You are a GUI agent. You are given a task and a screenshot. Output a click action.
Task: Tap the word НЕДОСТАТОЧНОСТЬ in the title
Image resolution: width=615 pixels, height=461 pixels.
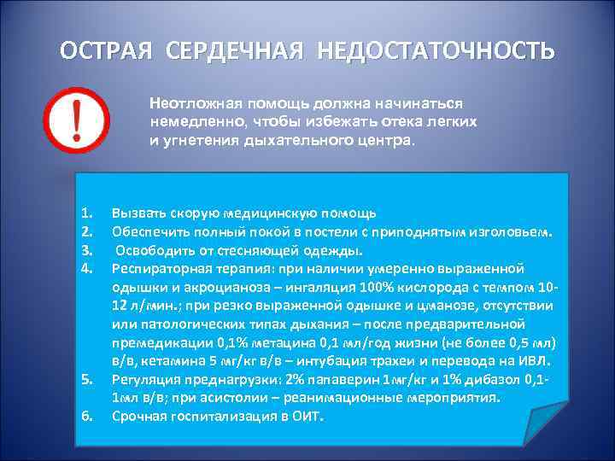436,50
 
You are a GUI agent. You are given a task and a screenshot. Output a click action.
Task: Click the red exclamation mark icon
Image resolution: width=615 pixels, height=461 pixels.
76,121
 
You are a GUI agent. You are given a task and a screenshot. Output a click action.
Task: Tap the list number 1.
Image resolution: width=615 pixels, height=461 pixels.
85,212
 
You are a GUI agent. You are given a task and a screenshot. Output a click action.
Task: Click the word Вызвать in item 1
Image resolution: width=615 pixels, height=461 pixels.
138,212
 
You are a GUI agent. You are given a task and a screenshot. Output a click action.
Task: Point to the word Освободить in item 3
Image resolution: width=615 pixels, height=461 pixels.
154,249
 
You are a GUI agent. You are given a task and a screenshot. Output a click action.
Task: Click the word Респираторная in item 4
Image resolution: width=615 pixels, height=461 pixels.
159,268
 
